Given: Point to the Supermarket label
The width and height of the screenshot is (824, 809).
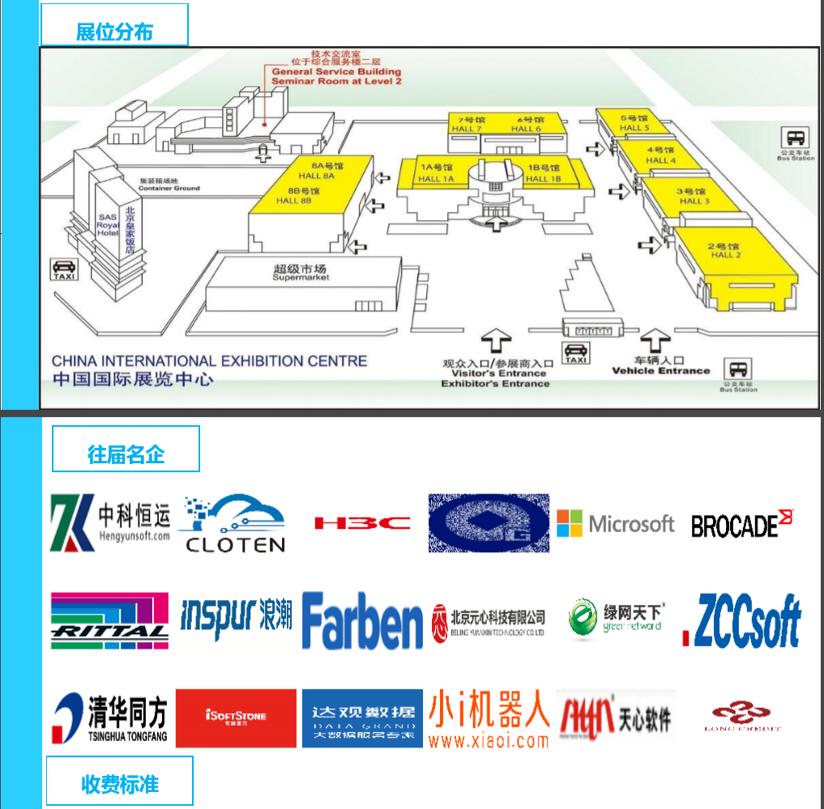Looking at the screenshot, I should [x=301, y=273].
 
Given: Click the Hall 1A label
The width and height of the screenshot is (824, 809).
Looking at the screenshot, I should [x=436, y=173].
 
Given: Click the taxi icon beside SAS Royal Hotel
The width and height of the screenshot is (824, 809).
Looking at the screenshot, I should [x=64, y=268].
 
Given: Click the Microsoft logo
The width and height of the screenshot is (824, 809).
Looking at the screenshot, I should [x=616, y=524].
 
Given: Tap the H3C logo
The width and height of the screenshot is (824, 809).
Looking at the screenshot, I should [x=362, y=523].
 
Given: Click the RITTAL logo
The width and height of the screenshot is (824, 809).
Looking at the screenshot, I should [x=109, y=621].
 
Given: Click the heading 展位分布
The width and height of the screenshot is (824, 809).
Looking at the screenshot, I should [x=114, y=32].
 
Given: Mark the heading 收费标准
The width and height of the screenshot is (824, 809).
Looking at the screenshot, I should [x=120, y=783].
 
